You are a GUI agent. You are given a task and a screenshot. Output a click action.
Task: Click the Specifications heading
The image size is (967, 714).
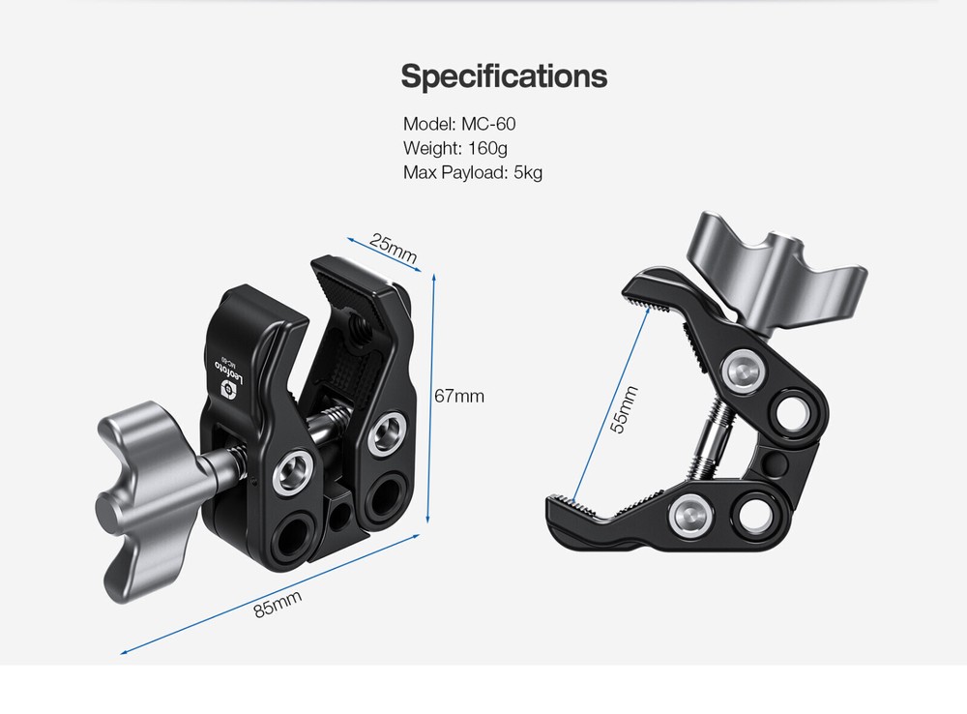point(504,75)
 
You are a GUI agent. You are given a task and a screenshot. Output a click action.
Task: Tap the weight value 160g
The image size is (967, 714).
point(486,148)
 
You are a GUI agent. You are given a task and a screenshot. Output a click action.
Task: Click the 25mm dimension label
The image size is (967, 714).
point(392,249)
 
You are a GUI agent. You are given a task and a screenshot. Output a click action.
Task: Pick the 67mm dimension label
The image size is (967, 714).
point(459,396)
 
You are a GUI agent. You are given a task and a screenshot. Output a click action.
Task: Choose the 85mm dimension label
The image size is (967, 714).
point(278,605)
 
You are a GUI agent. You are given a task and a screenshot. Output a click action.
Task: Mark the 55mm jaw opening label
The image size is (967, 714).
point(625,409)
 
